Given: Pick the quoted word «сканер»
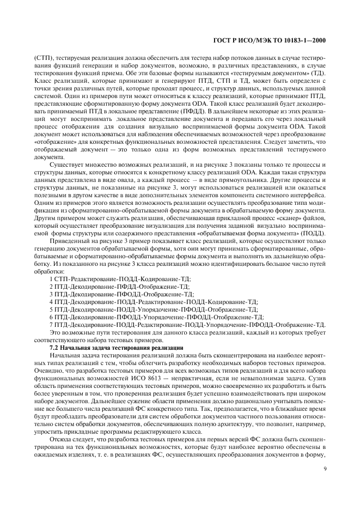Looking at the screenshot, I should click(265, 217).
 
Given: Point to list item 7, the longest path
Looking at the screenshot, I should click(187, 324).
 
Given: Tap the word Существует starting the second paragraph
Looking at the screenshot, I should click(68, 164).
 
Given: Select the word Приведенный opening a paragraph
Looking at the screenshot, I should click(70, 240).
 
